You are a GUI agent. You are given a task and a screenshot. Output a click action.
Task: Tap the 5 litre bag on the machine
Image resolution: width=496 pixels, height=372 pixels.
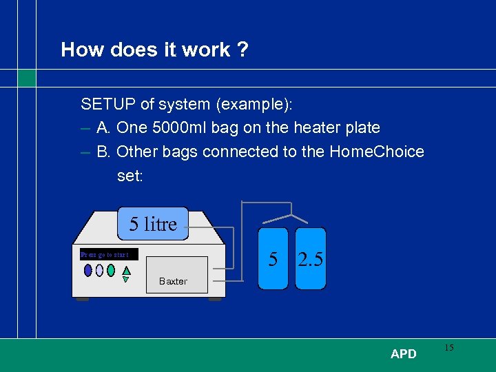[153, 223]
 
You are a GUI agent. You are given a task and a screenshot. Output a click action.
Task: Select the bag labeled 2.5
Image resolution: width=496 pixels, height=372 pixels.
[310, 259]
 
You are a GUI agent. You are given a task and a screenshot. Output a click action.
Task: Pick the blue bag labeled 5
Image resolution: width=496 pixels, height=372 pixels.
[273, 259]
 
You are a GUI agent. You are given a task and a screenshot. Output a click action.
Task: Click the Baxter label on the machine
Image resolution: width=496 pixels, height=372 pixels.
[173, 281]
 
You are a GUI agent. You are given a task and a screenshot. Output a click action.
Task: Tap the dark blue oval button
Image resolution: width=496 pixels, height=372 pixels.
[88, 270]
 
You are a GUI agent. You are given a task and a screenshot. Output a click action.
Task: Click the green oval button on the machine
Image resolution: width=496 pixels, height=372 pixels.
[111, 270]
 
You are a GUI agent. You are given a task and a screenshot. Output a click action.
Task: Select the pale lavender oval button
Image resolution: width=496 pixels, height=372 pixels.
[99, 270]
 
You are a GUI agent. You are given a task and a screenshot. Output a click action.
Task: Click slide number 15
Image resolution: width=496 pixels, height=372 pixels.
[448, 348]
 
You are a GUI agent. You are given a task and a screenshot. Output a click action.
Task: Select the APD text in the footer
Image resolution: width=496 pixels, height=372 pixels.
[403, 354]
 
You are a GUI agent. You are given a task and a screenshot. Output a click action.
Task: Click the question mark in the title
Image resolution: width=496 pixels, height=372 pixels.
[243, 50]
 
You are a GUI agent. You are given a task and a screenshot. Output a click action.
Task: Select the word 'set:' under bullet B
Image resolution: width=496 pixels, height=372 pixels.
[130, 176]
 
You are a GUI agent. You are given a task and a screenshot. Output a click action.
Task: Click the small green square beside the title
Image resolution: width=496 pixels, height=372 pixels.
[27, 78]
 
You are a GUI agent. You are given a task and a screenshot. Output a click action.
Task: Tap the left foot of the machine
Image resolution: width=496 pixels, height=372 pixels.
[82, 299]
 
